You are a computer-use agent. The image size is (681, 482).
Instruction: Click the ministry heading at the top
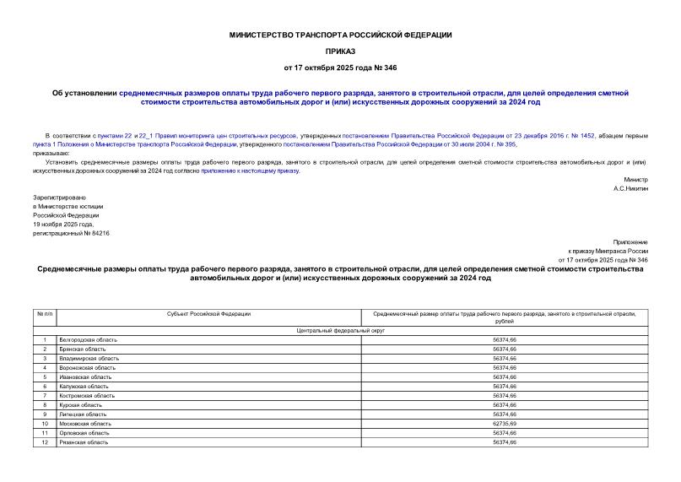click(x=340, y=35)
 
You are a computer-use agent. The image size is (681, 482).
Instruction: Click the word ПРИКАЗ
click(x=340, y=51)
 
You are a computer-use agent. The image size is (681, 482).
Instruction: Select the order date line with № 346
click(x=340, y=67)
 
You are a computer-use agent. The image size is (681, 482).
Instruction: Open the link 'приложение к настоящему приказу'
click(x=249, y=171)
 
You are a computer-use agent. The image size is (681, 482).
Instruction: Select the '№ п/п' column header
click(x=44, y=314)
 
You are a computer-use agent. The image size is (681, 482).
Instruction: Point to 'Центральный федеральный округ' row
click(x=340, y=330)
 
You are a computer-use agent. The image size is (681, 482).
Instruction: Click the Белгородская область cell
click(x=89, y=339)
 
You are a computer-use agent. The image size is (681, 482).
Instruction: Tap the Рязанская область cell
click(x=83, y=442)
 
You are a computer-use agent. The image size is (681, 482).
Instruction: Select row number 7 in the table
click(x=44, y=396)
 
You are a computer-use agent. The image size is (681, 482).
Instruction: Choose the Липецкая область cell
click(x=83, y=414)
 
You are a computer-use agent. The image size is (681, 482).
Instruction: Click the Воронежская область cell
click(x=87, y=368)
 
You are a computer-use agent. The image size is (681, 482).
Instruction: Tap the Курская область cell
click(x=81, y=405)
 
